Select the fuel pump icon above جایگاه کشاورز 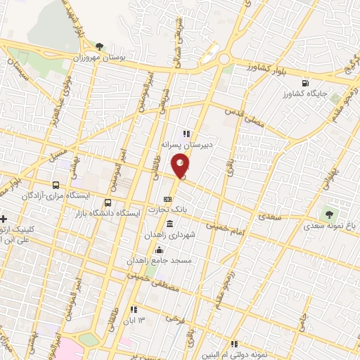[304, 82]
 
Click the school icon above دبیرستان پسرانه [186, 132]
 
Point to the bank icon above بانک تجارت [167, 199]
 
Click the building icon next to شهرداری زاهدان [169, 224]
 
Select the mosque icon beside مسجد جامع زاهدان [159, 250]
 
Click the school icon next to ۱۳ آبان [132, 309]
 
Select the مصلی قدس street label [243, 115]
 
